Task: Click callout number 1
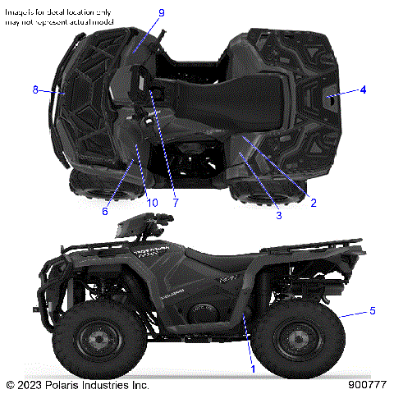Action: coord(254,369)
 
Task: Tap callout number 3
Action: coord(278,215)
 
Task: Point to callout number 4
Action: coord(363,89)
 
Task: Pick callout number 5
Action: coord(372,310)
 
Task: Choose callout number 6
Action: coord(105,210)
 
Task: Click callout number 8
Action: coord(35,89)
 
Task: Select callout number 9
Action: coord(161,13)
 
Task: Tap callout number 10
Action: coord(152,202)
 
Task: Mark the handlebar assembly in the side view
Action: coord(148,222)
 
